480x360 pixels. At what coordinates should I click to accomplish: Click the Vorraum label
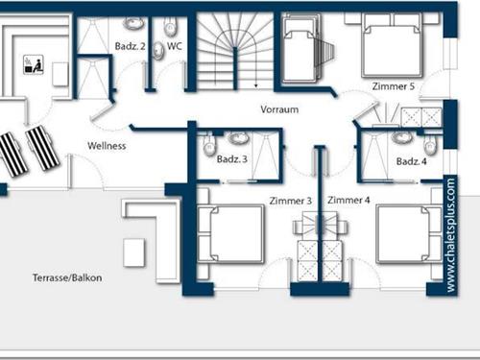278,110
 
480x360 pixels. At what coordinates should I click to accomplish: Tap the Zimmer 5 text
394,86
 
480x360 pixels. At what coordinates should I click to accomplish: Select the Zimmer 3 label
291,201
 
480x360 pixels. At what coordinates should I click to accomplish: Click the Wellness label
107,146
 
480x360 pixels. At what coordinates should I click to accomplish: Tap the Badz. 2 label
130,45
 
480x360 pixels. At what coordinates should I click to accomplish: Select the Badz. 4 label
410,159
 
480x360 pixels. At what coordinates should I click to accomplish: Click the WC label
174,45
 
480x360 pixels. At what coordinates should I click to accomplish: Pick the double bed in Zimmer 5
388,51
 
